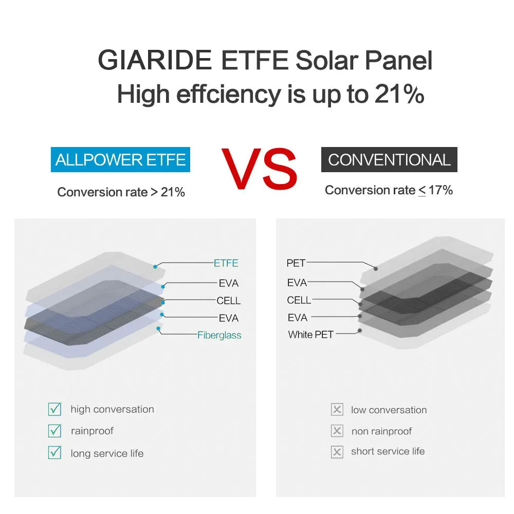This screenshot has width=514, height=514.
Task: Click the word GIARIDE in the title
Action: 155,60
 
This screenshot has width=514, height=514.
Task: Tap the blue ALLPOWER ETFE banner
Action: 120,160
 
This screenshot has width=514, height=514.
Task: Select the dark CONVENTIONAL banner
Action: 389,160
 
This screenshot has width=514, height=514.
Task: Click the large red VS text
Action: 259,169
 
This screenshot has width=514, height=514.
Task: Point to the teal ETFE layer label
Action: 226,263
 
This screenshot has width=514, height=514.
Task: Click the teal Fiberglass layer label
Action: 219,335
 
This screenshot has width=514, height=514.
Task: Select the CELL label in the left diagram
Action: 229,300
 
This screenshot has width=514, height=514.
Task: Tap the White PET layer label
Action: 311,335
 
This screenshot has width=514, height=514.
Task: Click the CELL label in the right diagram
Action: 299,300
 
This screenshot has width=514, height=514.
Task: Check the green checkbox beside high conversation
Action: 55,409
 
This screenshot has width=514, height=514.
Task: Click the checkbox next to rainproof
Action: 55,430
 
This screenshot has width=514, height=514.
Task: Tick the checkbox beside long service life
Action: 55,452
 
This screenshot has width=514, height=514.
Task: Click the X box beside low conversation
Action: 337,410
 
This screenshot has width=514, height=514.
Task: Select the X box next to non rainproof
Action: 337,431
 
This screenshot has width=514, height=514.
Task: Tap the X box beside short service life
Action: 337,452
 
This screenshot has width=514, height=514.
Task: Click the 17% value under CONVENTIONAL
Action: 440,190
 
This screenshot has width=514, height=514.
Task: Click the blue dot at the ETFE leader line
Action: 155,267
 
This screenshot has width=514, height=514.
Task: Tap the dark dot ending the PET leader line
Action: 376,269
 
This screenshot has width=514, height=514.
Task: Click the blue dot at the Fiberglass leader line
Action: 158,328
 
